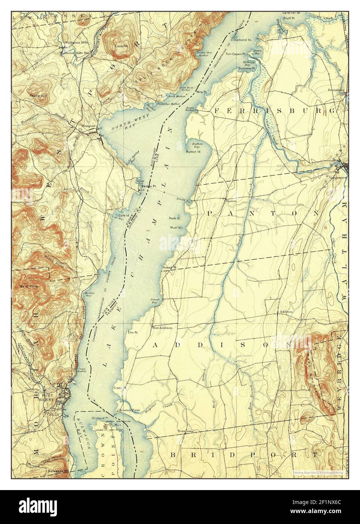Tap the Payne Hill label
[x=39, y=97]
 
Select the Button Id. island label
[x=193, y=152]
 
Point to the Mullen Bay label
[x=89, y=294]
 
